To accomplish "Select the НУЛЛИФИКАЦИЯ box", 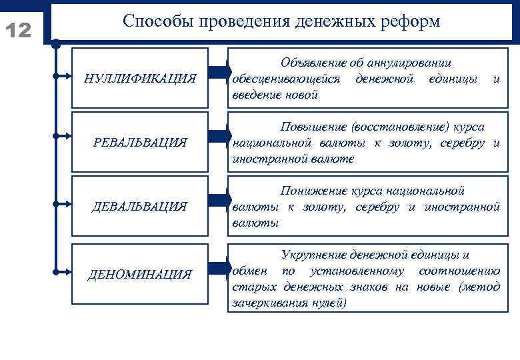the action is (140, 79).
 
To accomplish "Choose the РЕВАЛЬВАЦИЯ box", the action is (140, 142).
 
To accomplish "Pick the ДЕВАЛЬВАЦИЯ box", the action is (140, 206).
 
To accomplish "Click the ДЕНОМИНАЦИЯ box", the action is (140, 273).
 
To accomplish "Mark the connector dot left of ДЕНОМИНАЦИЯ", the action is (57, 271).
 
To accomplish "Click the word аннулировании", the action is (413, 63).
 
